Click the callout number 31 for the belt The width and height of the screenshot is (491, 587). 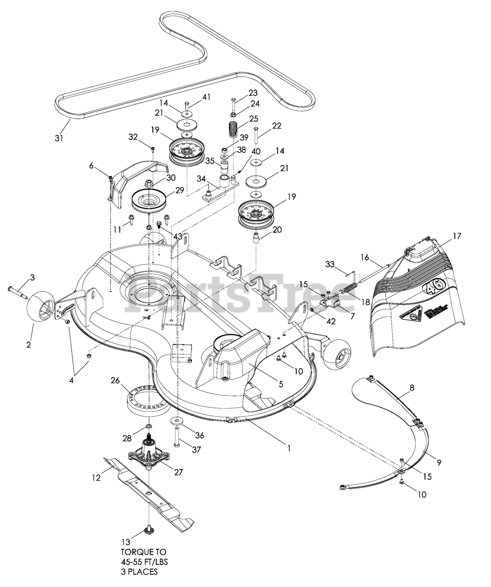pyautogui.click(x=59, y=137)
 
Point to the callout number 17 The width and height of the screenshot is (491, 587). pyautogui.click(x=457, y=236)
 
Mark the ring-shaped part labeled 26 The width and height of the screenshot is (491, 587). pyautogui.click(x=144, y=399)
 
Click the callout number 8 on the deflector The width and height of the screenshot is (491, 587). pyautogui.click(x=412, y=387)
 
